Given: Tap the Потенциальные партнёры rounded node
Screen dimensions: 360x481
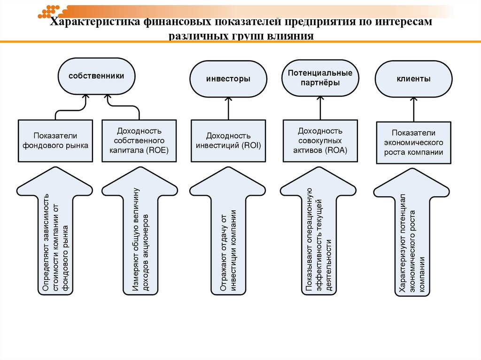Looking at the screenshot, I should pos(320,77).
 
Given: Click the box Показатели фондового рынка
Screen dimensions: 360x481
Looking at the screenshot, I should pos(54,140).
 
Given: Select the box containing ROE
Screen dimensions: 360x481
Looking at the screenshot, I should pos(139,140).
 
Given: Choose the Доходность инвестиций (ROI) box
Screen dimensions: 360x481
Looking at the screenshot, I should pos(228,141).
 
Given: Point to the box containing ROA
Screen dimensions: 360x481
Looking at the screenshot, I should pos(320,141).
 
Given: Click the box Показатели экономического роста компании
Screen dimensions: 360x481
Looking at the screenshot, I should pos(414,143).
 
